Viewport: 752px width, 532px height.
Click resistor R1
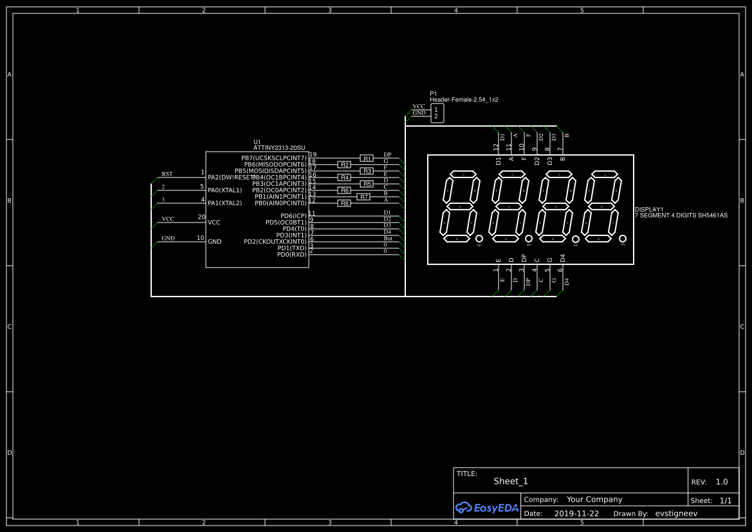click(367, 158)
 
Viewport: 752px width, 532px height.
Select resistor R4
click(344, 178)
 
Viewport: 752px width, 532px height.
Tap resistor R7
click(363, 197)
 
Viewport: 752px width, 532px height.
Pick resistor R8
click(344, 203)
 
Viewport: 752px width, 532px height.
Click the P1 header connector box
click(437, 113)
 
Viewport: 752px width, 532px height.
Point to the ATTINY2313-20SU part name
click(279, 148)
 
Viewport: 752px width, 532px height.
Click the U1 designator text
click(257, 142)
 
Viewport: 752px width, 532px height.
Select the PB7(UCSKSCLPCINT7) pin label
click(273, 158)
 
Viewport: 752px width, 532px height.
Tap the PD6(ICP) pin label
click(293, 216)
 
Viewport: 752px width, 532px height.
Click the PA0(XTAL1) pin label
click(225, 190)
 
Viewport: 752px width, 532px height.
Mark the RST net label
click(167, 174)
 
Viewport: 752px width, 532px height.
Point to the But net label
click(388, 239)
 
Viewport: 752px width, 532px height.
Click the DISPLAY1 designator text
click(648, 210)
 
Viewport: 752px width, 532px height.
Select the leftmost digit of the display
click(459, 207)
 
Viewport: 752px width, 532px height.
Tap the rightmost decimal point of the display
click(623, 239)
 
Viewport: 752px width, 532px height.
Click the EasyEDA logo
click(487, 508)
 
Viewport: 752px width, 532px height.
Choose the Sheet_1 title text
click(511, 481)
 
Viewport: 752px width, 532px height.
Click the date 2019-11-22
click(576, 514)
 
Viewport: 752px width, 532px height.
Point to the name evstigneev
click(676, 514)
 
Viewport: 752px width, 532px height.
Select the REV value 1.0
click(722, 482)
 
